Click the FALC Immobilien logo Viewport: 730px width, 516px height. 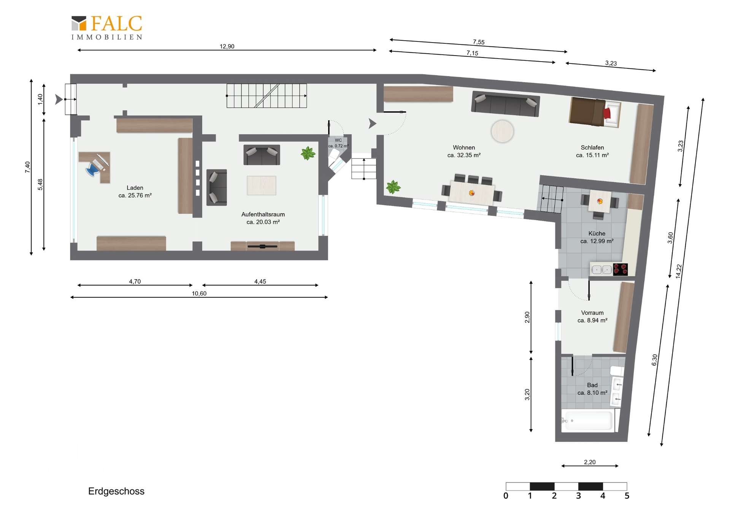tap(107, 27)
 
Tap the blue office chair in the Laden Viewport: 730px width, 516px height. tap(92, 169)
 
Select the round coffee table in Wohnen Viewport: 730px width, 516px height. tap(502, 131)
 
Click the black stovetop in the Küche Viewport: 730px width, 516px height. tap(620, 269)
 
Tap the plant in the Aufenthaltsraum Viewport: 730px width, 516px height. tap(308, 154)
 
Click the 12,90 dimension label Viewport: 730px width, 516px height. tap(227, 46)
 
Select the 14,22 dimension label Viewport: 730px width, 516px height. tap(679, 271)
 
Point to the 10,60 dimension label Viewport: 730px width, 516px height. tap(199, 294)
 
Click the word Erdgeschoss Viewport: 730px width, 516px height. tap(116, 491)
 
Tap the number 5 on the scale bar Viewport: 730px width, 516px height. tap(627, 496)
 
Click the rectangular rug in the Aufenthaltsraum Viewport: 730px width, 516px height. tap(262, 186)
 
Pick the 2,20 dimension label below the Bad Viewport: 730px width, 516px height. tap(590, 462)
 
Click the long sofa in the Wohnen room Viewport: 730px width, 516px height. tap(505, 103)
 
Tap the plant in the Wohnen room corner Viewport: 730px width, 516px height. tap(393, 187)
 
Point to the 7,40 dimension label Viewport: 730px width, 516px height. tap(27, 167)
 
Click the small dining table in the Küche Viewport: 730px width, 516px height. tap(600, 201)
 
